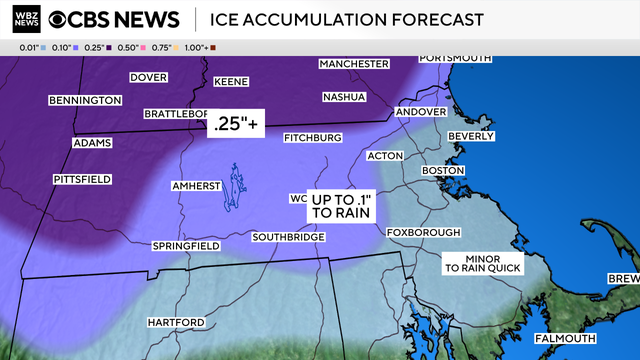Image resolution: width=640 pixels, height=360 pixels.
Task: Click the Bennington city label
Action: [85, 100]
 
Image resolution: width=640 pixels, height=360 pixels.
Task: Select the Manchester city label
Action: [353, 64]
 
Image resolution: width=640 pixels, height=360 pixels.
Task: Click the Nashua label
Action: [344, 97]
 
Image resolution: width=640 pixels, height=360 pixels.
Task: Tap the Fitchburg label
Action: [313, 137]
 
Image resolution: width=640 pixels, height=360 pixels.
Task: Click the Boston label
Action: [444, 171]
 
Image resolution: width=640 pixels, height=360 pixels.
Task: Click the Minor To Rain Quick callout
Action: [483, 263]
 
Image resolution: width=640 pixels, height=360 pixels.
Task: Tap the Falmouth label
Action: [562, 338]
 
